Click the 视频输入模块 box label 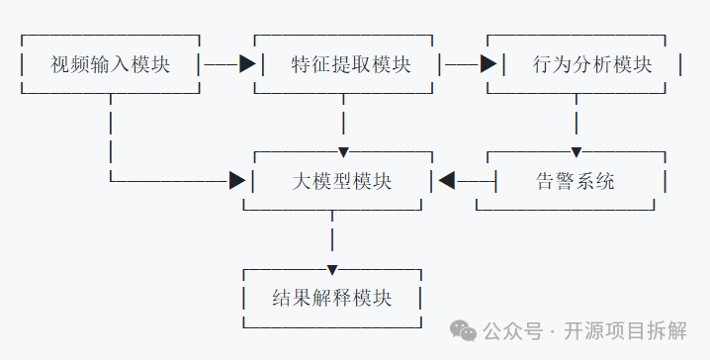click(x=110, y=65)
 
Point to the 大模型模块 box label click(x=342, y=181)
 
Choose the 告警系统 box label click(x=576, y=181)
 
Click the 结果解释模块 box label click(x=331, y=297)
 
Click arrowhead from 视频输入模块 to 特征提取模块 click(x=247, y=64)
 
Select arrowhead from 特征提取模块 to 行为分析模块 click(x=488, y=64)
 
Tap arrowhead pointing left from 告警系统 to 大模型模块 click(x=446, y=180)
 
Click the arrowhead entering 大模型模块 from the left click(x=237, y=180)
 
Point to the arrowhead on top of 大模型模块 click(x=343, y=151)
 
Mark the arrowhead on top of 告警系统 click(x=576, y=151)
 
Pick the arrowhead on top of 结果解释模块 click(x=332, y=269)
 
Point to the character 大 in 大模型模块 click(x=303, y=181)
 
